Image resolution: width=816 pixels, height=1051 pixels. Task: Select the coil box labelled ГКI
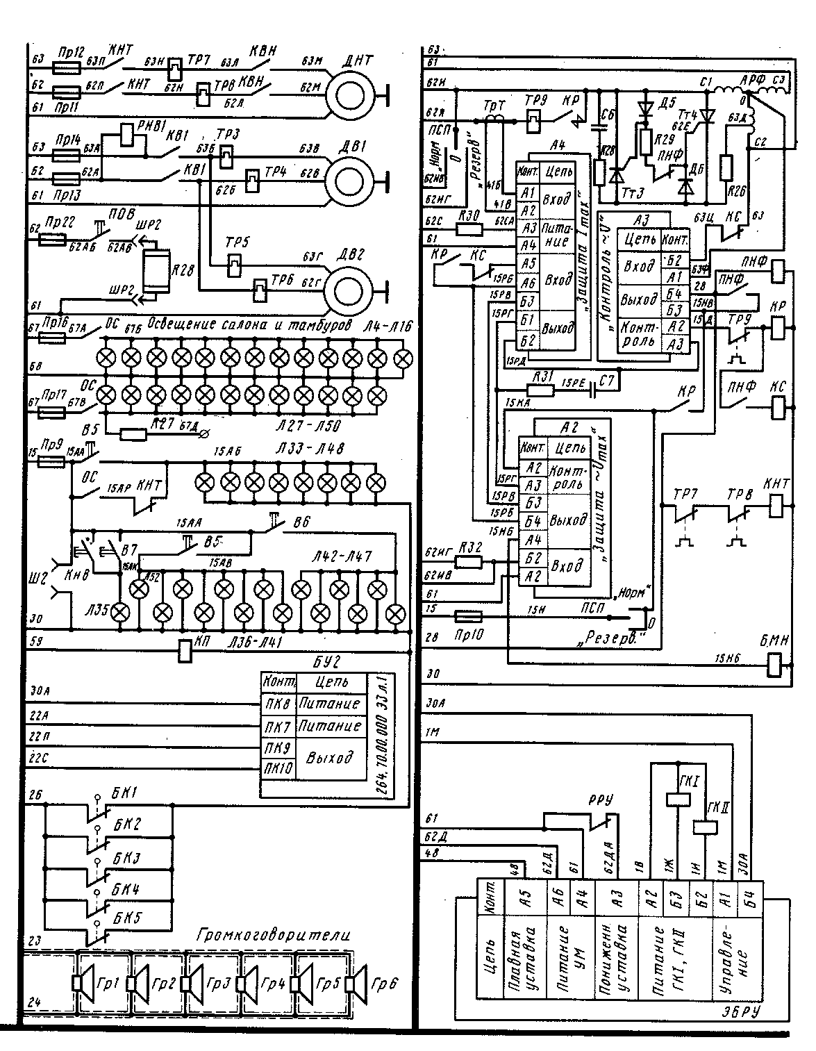(x=677, y=799)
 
